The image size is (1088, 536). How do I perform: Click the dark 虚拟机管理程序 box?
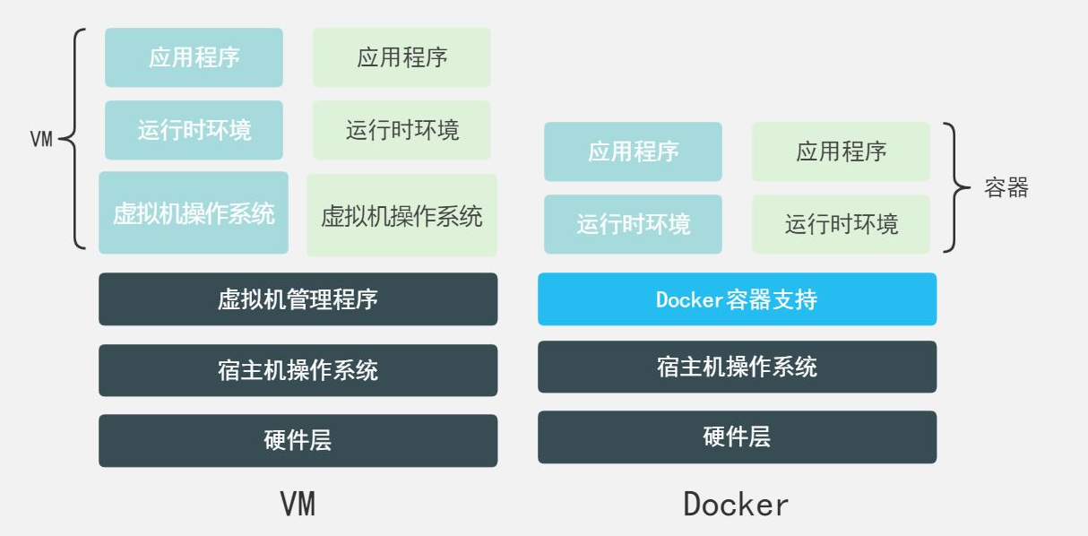(x=298, y=298)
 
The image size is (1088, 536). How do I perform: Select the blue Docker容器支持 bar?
(x=737, y=298)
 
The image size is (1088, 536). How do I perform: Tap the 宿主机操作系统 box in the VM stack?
(x=298, y=370)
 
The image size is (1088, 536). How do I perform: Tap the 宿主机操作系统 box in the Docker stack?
(x=737, y=367)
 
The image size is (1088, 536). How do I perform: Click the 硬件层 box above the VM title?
(x=298, y=440)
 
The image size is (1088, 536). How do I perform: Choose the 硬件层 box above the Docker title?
(x=737, y=437)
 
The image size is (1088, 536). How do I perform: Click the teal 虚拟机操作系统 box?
(x=194, y=213)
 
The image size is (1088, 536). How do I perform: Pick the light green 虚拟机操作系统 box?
(x=402, y=215)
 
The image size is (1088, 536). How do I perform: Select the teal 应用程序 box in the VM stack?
(x=194, y=57)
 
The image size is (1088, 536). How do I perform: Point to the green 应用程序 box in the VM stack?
(x=402, y=57)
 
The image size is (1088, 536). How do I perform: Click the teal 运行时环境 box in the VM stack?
(x=194, y=130)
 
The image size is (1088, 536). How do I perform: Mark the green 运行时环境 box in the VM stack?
(x=402, y=130)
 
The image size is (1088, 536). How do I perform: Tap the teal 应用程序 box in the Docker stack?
(x=633, y=151)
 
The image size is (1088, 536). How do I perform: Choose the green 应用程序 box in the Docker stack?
(x=841, y=151)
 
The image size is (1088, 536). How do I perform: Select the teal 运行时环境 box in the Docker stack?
(x=633, y=224)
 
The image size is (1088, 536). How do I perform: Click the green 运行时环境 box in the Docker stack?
(x=841, y=224)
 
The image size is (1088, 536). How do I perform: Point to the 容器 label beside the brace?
(x=1006, y=188)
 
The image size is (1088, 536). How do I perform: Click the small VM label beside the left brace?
(x=41, y=140)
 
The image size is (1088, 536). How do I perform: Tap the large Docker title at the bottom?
(x=736, y=504)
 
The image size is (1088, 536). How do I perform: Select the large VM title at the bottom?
(x=298, y=504)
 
